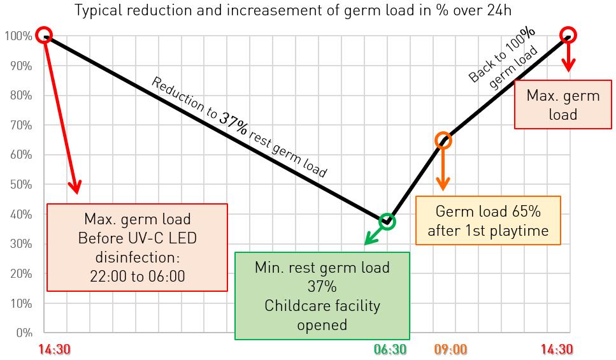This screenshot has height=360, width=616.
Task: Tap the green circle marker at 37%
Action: pos(387,222)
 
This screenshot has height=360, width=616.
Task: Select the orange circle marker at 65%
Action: pos(444,141)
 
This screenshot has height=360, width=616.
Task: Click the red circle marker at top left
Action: pos(43,35)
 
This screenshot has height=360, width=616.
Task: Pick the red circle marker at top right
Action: pos(568,35)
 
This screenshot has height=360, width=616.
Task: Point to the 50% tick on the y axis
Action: pos(21,185)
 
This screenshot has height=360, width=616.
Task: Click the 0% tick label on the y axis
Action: pos(24,333)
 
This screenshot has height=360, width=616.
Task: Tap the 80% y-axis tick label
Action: pos(21,96)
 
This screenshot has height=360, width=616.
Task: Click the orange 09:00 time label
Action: pos(450,349)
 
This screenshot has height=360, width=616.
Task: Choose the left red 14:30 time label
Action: pos(54,349)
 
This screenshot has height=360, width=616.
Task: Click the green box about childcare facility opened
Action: pos(322,296)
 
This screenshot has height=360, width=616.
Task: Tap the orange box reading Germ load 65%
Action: pos(488,220)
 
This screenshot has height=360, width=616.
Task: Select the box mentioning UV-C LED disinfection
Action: pos(137,247)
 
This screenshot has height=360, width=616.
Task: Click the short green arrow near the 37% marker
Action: pos(373,236)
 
